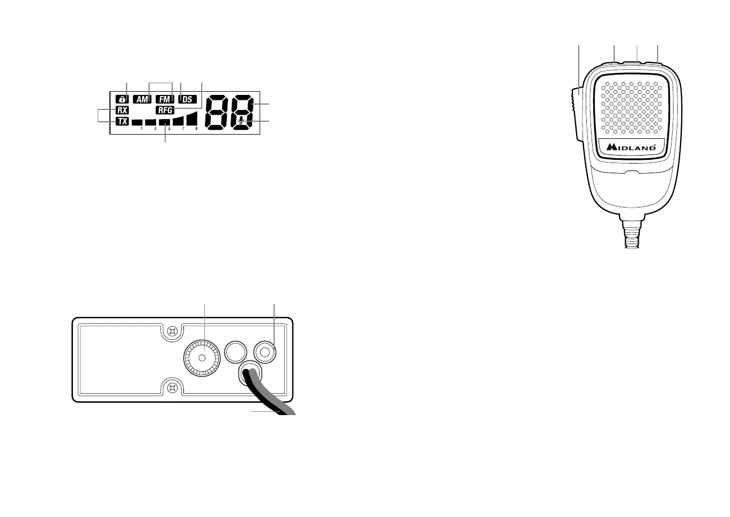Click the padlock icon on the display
point(122,99)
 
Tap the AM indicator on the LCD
point(142,99)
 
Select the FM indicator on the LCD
point(165,99)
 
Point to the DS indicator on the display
point(187,99)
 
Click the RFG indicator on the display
point(165,110)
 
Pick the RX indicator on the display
point(122,110)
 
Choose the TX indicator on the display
point(122,121)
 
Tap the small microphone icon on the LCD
point(242,120)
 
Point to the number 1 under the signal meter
point(142,129)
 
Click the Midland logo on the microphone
point(632,146)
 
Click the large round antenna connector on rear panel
point(202,358)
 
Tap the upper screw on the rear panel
point(172,331)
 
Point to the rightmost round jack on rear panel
point(265,351)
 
